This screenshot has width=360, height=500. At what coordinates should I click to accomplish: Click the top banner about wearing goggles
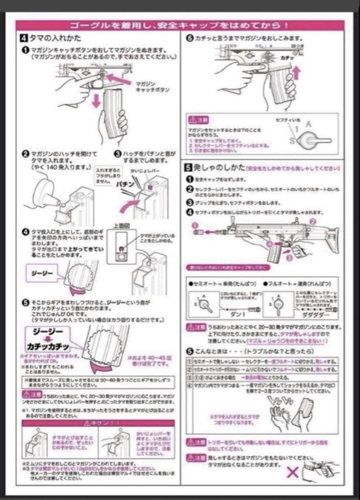(x=180, y=25)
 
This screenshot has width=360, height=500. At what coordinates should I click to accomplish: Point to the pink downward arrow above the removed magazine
(x=96, y=99)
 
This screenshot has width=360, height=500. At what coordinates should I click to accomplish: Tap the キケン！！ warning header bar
(x=98, y=423)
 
